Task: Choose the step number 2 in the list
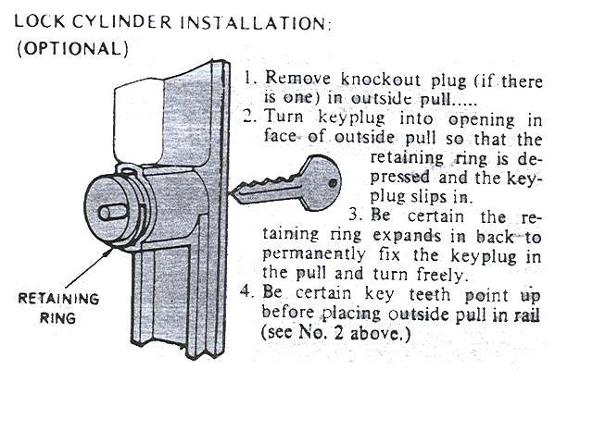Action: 248,118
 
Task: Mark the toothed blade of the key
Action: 265,192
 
